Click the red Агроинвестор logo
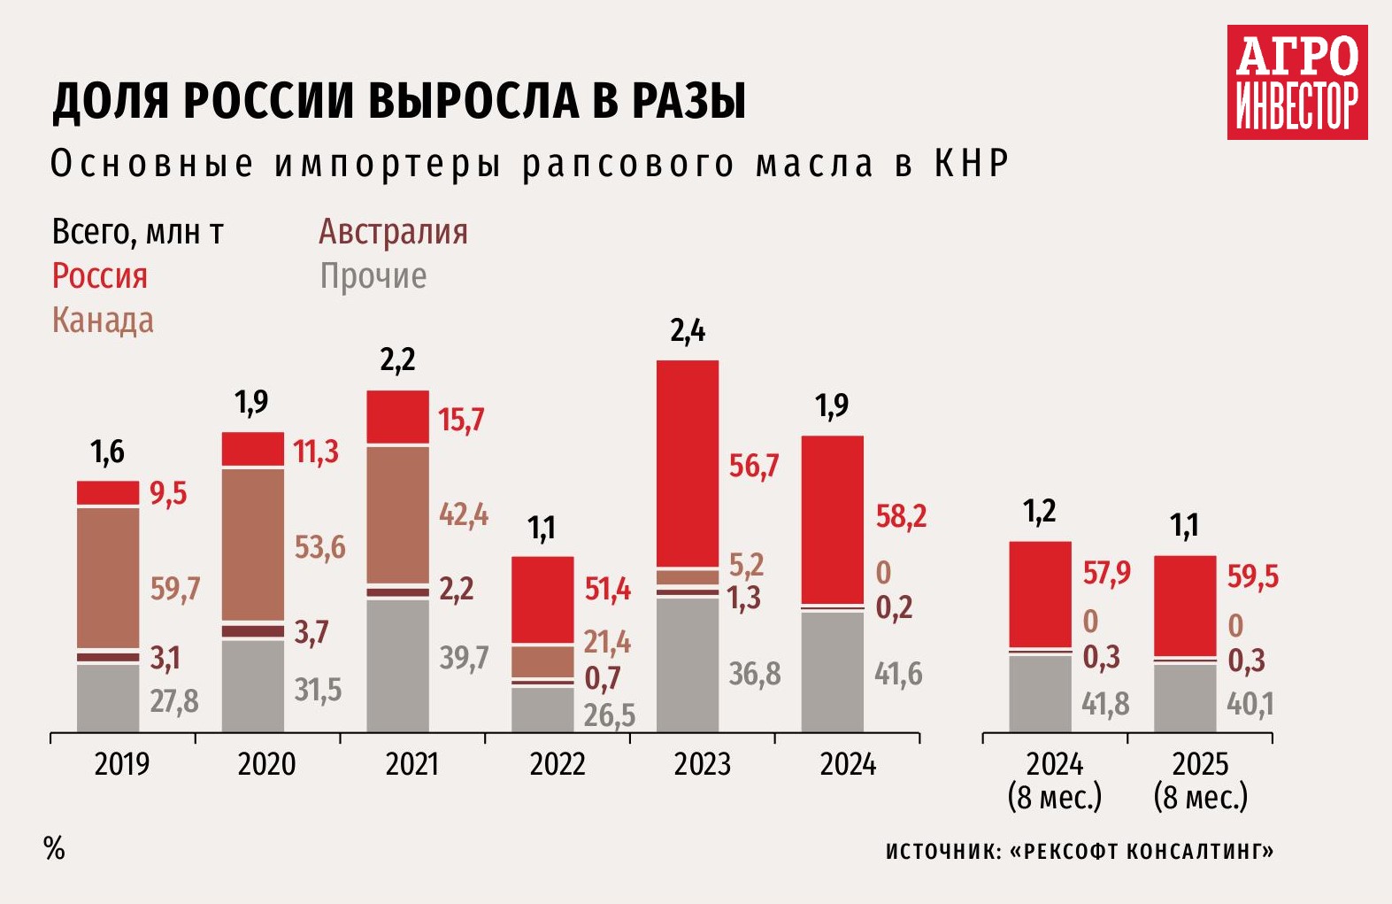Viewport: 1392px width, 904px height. click(1296, 82)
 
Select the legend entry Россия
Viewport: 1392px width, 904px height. click(100, 276)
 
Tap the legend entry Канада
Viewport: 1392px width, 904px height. click(103, 321)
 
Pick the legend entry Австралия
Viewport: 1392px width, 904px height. click(393, 232)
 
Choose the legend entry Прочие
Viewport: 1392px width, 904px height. click(373, 276)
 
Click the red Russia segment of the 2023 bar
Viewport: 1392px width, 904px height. click(688, 462)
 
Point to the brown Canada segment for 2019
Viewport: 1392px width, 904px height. click(108, 577)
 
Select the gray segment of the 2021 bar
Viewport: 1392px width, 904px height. click(397, 666)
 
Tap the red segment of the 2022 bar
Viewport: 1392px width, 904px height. click(542, 599)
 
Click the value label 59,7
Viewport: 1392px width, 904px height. click(175, 589)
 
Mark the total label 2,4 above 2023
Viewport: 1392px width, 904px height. click(688, 331)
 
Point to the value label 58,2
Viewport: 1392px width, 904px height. click(901, 516)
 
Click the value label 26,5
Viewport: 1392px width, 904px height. click(609, 715)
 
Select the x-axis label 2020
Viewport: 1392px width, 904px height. click(266, 764)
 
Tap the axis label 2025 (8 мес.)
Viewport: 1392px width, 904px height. click(1200, 780)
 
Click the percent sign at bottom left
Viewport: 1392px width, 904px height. click(54, 848)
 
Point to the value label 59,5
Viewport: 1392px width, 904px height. click(1252, 577)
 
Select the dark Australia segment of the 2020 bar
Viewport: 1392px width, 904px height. click(253, 630)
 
